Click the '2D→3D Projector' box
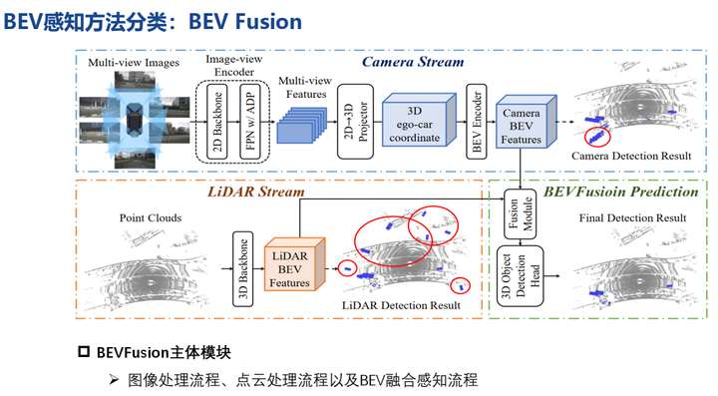[350, 123]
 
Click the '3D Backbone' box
[240, 266]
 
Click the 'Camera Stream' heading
[412, 62]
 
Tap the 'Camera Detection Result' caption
[631, 157]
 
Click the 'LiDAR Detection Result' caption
[401, 305]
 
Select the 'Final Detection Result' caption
[631, 217]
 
